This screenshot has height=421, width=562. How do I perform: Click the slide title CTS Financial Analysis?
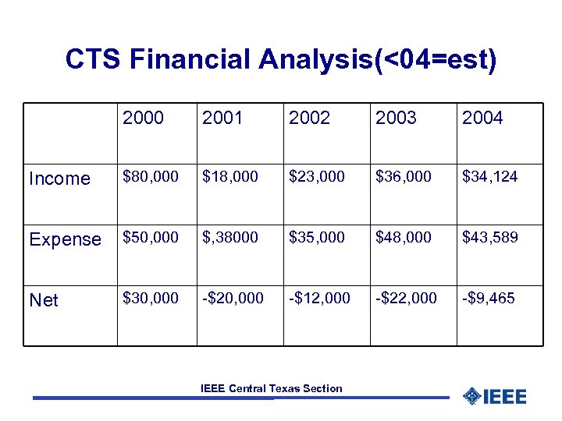(x=280, y=59)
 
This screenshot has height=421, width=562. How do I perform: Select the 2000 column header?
(x=144, y=118)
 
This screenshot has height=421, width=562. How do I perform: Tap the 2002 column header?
(x=309, y=118)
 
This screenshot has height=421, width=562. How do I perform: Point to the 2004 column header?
(x=482, y=118)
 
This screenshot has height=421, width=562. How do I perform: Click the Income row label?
(x=59, y=179)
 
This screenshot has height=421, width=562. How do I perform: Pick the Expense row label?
(x=65, y=239)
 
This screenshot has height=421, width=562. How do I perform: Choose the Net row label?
(x=44, y=300)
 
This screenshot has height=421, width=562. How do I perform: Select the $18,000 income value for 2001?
(x=230, y=177)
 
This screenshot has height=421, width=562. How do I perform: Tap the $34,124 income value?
(x=489, y=177)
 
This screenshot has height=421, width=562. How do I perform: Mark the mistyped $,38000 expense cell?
(x=230, y=237)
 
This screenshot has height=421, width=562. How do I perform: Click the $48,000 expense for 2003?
(x=404, y=237)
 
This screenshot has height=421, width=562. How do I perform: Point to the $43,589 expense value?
(x=489, y=237)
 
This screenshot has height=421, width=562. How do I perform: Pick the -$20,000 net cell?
(x=233, y=298)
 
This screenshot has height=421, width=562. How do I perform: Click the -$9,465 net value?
(x=489, y=298)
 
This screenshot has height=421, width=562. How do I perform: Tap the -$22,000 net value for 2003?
(x=406, y=298)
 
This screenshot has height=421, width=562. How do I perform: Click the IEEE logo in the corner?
(x=495, y=396)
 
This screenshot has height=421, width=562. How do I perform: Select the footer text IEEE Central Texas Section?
(x=271, y=388)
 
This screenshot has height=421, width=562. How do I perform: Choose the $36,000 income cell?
(x=404, y=177)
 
